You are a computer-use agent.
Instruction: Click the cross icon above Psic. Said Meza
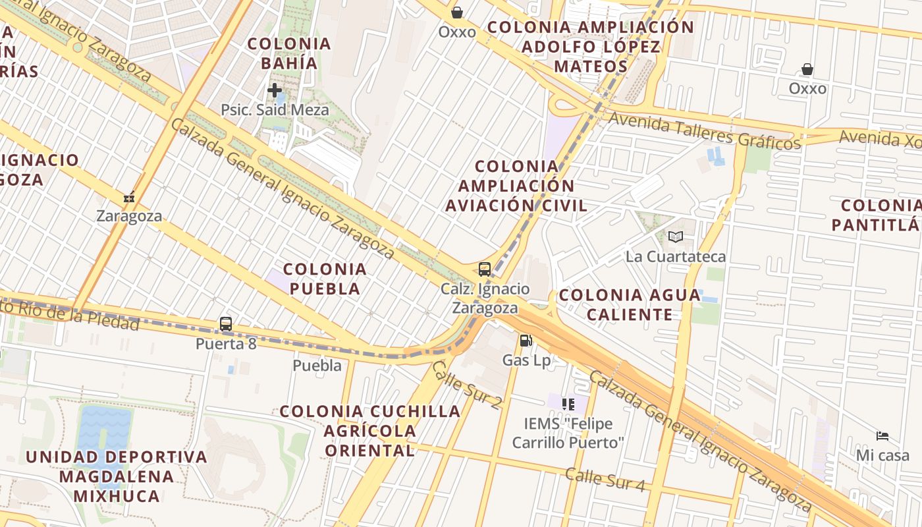pos(275,90)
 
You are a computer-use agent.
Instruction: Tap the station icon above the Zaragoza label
pos(129,197)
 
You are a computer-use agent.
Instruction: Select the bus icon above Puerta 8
pos(226,324)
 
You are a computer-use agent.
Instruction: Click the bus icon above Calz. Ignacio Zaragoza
pos(485,269)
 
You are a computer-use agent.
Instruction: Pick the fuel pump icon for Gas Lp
pos(526,341)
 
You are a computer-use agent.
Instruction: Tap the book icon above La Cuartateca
pos(676,236)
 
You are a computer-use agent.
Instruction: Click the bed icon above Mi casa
pos(882,435)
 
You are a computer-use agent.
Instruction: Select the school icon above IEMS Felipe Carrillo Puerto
pos(568,404)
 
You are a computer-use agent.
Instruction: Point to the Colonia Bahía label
pos(289,53)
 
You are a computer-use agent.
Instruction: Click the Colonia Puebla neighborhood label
pos(325,279)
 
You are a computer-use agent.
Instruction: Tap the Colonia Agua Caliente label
pos(630,304)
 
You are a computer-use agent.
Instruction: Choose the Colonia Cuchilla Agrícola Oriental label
pos(370,431)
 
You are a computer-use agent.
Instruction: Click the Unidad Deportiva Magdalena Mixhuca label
pos(117,476)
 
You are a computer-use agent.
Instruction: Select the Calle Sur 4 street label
pos(605,480)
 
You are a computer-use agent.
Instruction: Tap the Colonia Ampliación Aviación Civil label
pos(516,186)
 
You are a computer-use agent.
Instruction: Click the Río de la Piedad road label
pos(72,315)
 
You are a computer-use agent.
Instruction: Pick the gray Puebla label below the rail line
pos(317,366)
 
